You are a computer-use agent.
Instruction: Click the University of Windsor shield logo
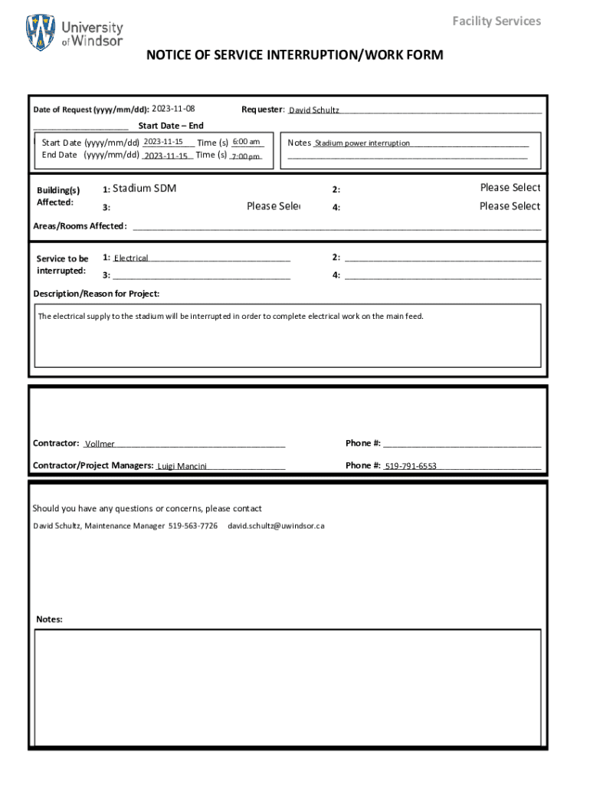click(41, 33)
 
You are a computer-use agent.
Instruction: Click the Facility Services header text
click(496, 21)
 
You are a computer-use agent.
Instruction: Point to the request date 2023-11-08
click(173, 109)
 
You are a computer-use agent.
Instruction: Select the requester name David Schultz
click(314, 110)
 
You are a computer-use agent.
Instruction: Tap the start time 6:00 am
click(246, 142)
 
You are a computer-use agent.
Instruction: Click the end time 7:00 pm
click(246, 156)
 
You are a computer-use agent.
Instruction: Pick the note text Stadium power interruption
click(362, 143)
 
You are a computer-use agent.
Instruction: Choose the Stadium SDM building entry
click(144, 188)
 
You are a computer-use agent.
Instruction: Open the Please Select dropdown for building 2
click(510, 188)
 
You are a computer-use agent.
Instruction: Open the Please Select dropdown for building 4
click(510, 206)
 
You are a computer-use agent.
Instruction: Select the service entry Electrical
click(131, 258)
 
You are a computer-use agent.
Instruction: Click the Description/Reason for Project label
click(97, 294)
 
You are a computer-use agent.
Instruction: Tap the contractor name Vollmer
click(100, 444)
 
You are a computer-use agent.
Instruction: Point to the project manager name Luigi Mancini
click(182, 466)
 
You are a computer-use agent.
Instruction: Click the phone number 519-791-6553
click(411, 466)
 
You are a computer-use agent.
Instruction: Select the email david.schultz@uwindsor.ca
click(277, 526)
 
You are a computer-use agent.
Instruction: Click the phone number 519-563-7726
click(193, 526)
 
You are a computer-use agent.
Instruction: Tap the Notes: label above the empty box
click(50, 619)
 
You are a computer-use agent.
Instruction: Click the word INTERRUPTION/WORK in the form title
click(344, 55)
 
